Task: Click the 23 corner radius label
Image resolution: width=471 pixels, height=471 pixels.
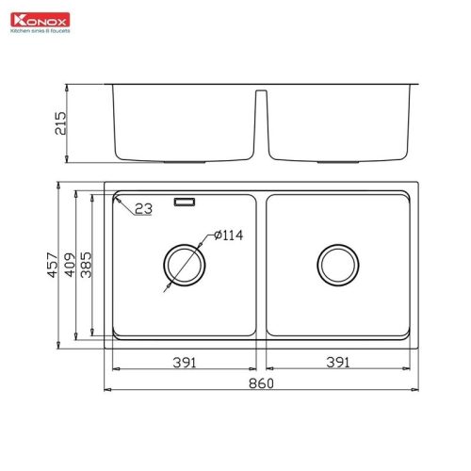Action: click(x=143, y=209)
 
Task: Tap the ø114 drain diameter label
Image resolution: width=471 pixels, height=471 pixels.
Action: click(x=229, y=235)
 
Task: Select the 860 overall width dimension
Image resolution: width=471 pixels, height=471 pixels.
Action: click(x=262, y=383)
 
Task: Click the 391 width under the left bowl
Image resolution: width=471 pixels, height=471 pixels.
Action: click(x=184, y=362)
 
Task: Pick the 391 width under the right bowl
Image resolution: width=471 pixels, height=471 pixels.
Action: click(x=337, y=362)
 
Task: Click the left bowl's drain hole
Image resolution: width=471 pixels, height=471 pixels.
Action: click(x=183, y=265)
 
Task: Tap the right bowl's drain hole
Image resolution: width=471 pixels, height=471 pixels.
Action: click(x=336, y=265)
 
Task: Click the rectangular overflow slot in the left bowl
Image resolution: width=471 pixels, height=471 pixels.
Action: click(x=185, y=201)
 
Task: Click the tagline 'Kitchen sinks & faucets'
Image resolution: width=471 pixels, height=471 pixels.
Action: click(x=41, y=29)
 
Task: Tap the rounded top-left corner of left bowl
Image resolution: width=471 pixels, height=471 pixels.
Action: click(x=116, y=200)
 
